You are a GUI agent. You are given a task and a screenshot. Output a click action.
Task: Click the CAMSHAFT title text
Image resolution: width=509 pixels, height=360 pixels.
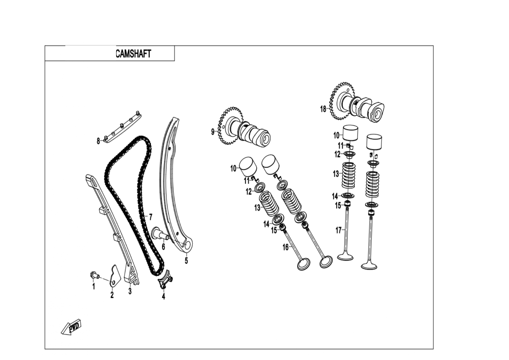click(x=133, y=54)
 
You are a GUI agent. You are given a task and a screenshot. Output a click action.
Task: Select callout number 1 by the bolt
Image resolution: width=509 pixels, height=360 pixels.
click(x=93, y=287)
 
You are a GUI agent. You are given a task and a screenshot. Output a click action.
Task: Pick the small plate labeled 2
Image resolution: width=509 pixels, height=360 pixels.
click(x=115, y=276)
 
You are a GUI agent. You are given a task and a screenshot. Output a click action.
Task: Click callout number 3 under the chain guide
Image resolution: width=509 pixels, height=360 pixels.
click(x=130, y=291)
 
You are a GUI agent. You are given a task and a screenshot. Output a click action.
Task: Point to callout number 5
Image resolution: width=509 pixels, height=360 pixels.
click(x=186, y=260)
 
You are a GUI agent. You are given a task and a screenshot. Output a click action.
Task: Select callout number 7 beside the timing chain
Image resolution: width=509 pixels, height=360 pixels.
click(x=150, y=217)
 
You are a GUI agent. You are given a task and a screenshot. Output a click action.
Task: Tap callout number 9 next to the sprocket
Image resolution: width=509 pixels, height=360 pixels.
click(x=213, y=132)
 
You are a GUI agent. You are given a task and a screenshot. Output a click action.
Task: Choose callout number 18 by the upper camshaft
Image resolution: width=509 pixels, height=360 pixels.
click(x=323, y=109)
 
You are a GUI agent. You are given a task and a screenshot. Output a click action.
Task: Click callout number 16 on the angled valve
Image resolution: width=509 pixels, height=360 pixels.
click(x=286, y=247)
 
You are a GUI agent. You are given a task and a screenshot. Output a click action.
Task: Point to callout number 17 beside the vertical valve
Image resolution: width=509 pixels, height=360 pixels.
click(x=339, y=230)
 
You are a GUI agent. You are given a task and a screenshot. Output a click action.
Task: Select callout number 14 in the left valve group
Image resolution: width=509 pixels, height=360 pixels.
click(x=266, y=224)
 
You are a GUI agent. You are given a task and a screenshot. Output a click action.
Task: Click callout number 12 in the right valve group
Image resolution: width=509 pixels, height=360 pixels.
click(x=337, y=154)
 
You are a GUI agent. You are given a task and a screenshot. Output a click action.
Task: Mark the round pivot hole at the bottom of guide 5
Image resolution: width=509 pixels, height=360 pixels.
click(x=188, y=246)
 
